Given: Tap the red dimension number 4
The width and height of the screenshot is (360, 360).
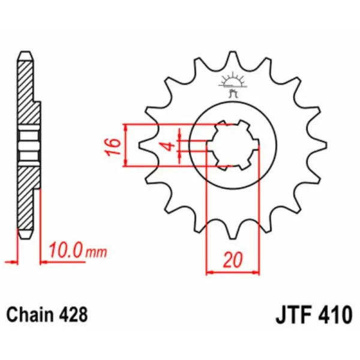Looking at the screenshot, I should (x=170, y=146).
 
